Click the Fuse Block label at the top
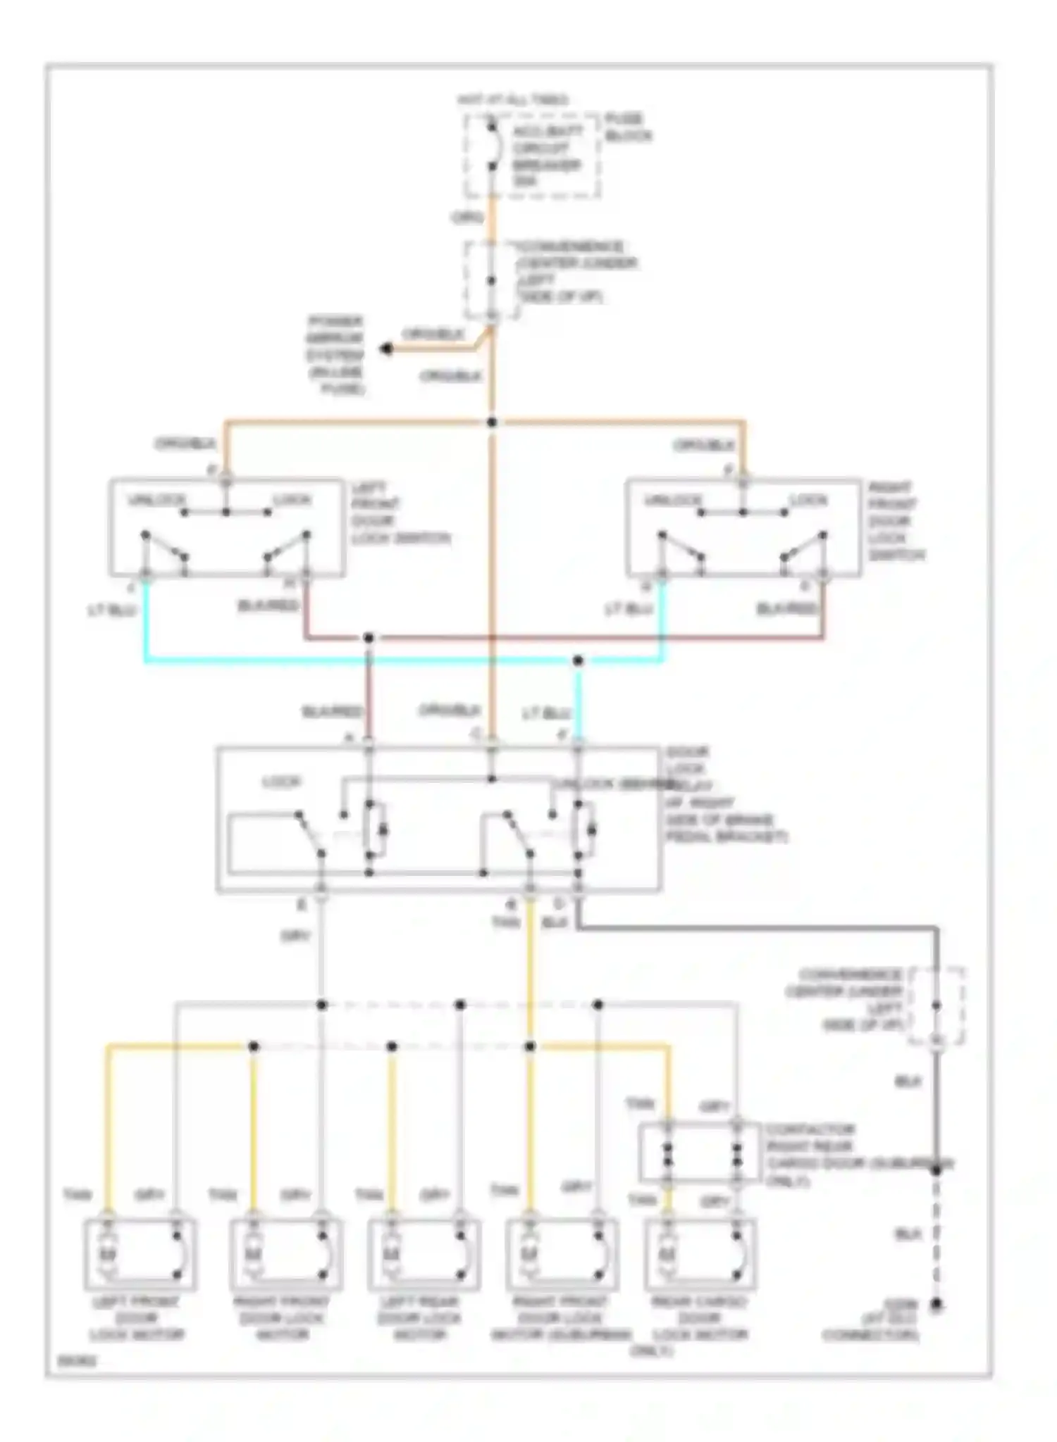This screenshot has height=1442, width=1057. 627,127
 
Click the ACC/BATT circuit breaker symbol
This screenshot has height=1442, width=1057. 493,148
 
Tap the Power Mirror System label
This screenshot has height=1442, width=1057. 335,354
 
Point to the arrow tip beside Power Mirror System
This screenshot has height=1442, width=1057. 385,349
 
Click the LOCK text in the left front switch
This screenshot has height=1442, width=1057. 292,500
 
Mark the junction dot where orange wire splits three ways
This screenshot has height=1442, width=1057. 492,422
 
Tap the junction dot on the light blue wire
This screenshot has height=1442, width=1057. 578,660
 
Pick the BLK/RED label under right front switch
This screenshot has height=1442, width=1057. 787,608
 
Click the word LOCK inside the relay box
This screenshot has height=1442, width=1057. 282,782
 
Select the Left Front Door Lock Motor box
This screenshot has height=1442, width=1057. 140,1254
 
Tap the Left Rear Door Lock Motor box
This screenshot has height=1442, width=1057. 424,1254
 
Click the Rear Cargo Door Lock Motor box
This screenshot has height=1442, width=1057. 700,1254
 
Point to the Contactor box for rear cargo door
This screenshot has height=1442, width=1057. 699,1153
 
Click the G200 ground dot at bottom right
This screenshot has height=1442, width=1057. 937,1305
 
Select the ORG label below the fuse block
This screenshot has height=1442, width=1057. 467,218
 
